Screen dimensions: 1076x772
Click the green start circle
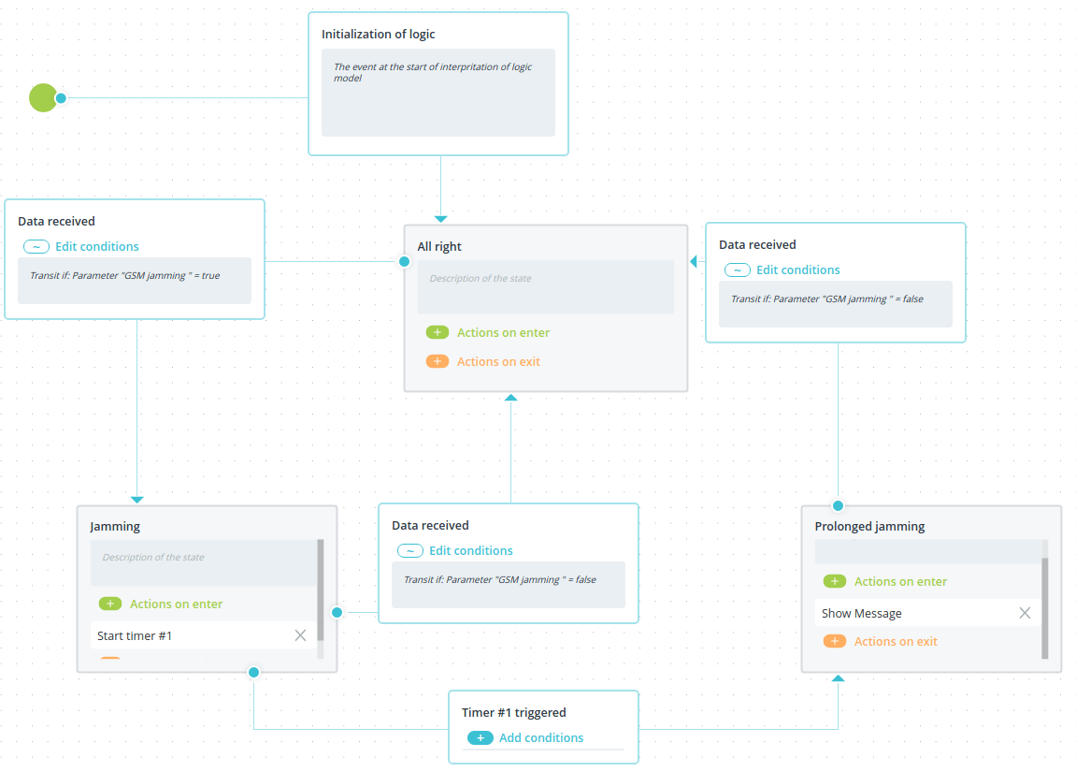click(43, 97)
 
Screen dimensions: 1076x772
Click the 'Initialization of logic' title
click(378, 35)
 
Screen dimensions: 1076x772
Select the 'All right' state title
click(439, 247)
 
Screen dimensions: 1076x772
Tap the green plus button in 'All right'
click(438, 332)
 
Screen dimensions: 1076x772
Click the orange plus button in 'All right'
click(438, 361)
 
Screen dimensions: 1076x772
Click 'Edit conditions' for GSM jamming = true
click(97, 247)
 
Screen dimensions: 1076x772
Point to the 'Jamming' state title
click(115, 527)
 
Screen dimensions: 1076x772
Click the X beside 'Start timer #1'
click(301, 635)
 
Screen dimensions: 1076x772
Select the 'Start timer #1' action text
click(135, 636)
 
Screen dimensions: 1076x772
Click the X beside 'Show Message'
click(1025, 613)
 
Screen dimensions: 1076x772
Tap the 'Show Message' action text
click(862, 613)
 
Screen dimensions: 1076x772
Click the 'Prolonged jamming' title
click(869, 527)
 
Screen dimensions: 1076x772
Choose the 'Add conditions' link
click(541, 737)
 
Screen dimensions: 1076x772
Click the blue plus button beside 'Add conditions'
click(481, 737)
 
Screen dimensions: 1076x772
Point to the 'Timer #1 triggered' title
click(514, 712)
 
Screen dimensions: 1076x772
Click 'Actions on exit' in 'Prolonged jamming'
click(896, 642)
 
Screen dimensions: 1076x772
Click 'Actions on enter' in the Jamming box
click(177, 604)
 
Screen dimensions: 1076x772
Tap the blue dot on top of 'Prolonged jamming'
click(838, 505)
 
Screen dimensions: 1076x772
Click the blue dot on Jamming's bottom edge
click(254, 672)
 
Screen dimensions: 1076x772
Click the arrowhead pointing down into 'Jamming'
click(137, 500)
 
